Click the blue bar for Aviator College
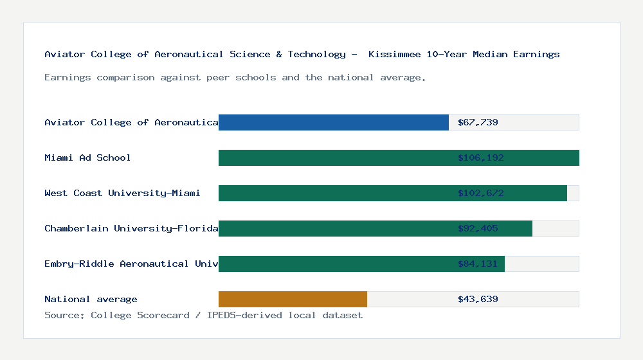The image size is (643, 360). click(x=333, y=122)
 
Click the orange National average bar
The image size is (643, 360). click(x=293, y=299)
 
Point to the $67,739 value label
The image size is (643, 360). click(x=478, y=122)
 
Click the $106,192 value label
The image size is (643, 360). click(x=480, y=157)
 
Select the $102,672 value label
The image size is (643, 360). click(x=480, y=193)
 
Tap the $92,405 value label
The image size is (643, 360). click(x=478, y=228)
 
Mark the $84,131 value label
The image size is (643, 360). click(x=478, y=264)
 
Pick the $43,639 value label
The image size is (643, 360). click(x=478, y=299)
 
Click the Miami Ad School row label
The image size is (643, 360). click(x=87, y=157)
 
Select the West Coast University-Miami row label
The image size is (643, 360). click(x=122, y=193)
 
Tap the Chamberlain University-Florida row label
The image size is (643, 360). click(x=131, y=228)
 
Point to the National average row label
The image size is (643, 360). click(x=91, y=299)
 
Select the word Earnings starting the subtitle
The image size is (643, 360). click(x=68, y=77)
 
